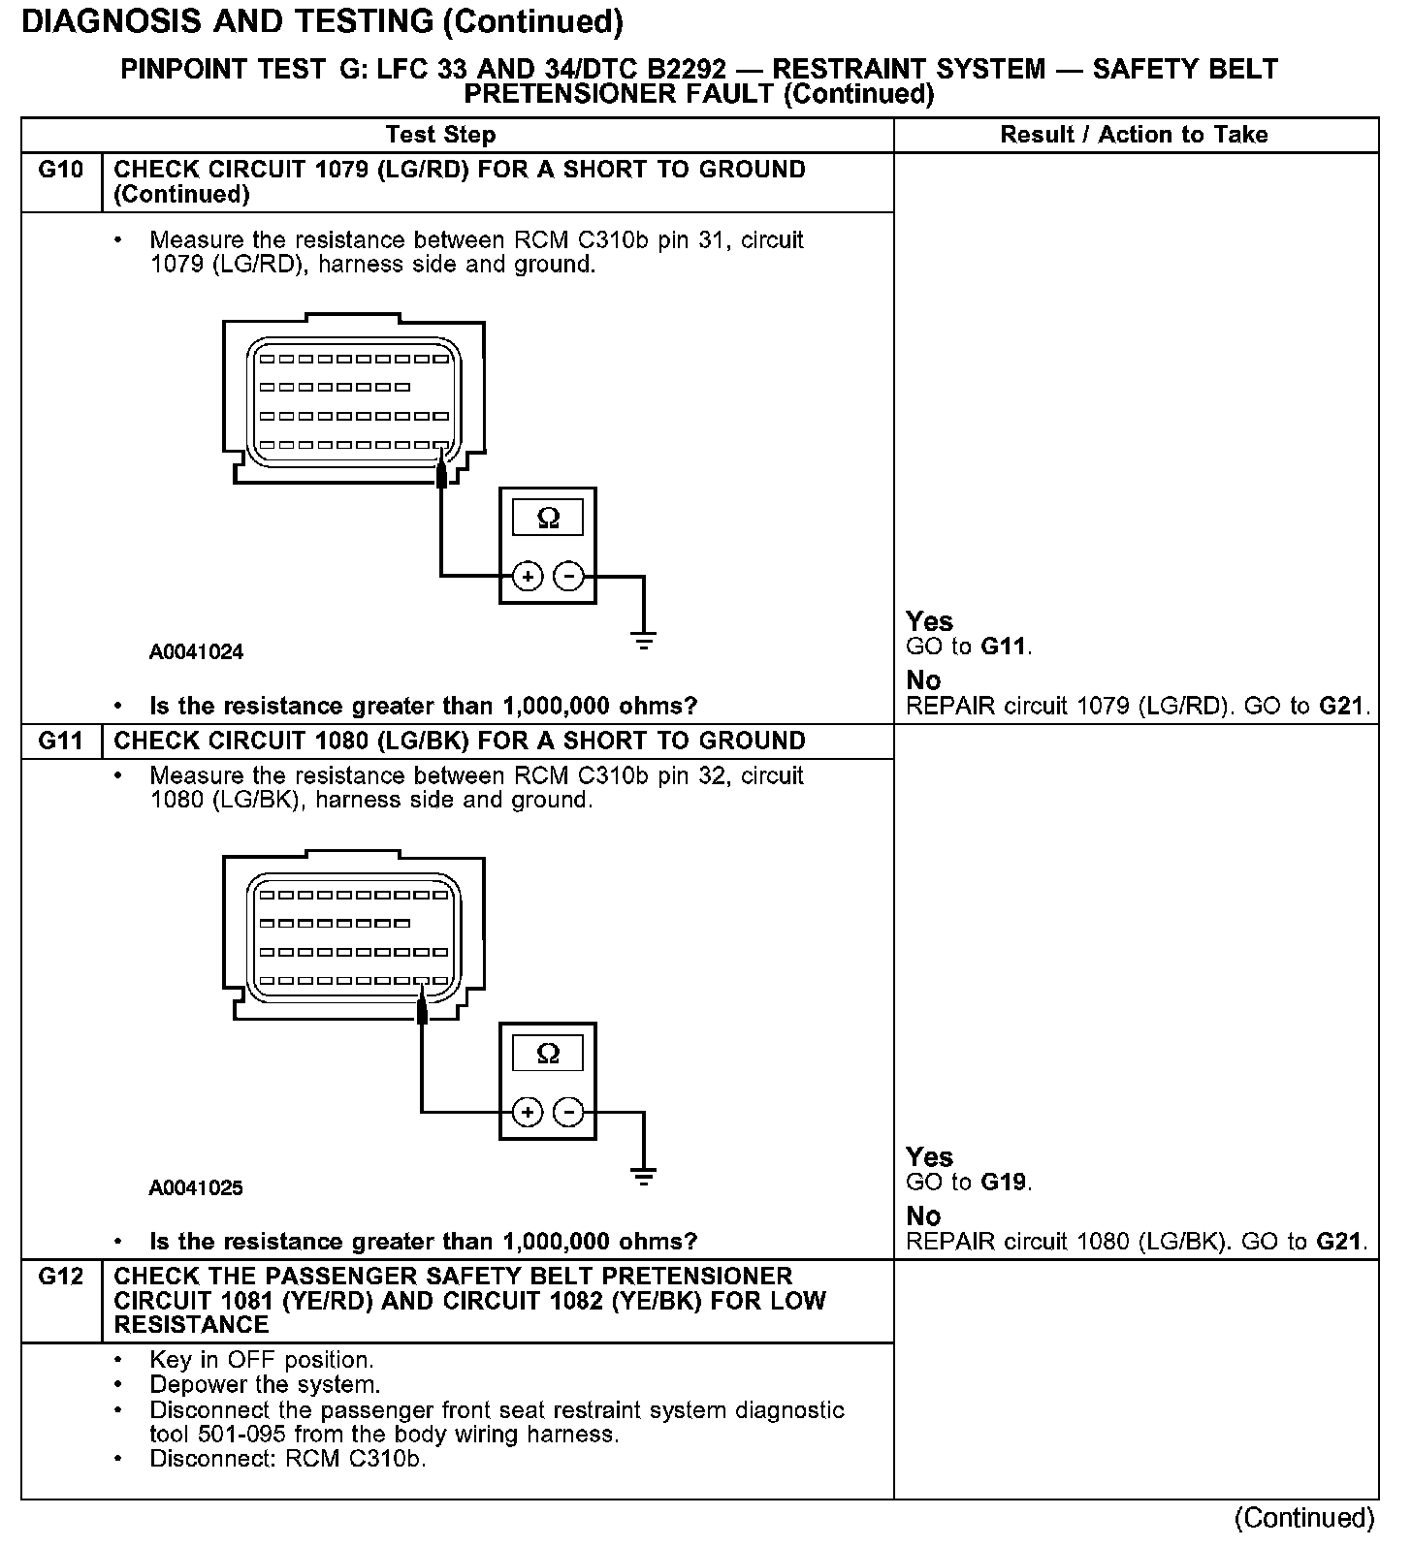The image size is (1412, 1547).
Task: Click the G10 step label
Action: [61, 171]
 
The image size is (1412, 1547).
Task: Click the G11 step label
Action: [61, 742]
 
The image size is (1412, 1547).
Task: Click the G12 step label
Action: [61, 1277]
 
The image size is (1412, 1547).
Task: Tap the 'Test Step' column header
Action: [440, 135]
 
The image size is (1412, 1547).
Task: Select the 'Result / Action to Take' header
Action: [1134, 135]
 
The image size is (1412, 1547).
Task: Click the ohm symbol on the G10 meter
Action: [548, 520]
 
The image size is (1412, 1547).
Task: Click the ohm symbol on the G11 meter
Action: [548, 1054]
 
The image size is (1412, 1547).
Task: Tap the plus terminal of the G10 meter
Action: [528, 577]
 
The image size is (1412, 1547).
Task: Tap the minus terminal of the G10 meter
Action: [568, 577]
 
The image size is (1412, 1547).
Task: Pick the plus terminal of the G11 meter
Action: [528, 1112]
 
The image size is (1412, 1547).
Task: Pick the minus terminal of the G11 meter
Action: [568, 1112]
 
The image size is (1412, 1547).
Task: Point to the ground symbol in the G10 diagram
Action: [643, 640]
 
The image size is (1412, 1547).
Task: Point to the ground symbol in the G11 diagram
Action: [643, 1176]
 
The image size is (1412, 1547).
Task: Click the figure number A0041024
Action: [196, 652]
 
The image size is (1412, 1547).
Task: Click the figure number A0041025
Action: [196, 1188]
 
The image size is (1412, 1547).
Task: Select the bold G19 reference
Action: [1005, 1183]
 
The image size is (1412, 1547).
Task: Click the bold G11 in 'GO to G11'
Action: [1005, 647]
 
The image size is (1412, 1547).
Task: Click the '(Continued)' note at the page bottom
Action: [1304, 1518]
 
